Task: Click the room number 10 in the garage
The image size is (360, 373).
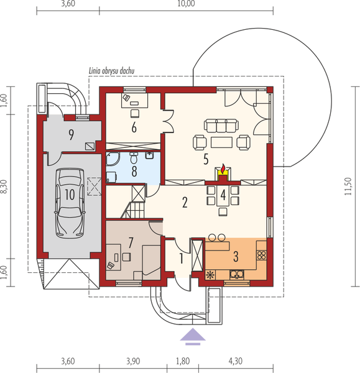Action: coord(70,194)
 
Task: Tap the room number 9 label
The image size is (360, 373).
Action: coord(72,134)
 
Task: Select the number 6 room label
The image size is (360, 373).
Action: coord(134,127)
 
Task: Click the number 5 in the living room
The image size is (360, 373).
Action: coord(205,159)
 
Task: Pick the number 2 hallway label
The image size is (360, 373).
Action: coord(184,202)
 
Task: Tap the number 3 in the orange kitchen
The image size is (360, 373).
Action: coord(235,255)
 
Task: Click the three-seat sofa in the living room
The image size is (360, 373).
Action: coord(221,127)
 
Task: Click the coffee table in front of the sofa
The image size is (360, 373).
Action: coord(221,142)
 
